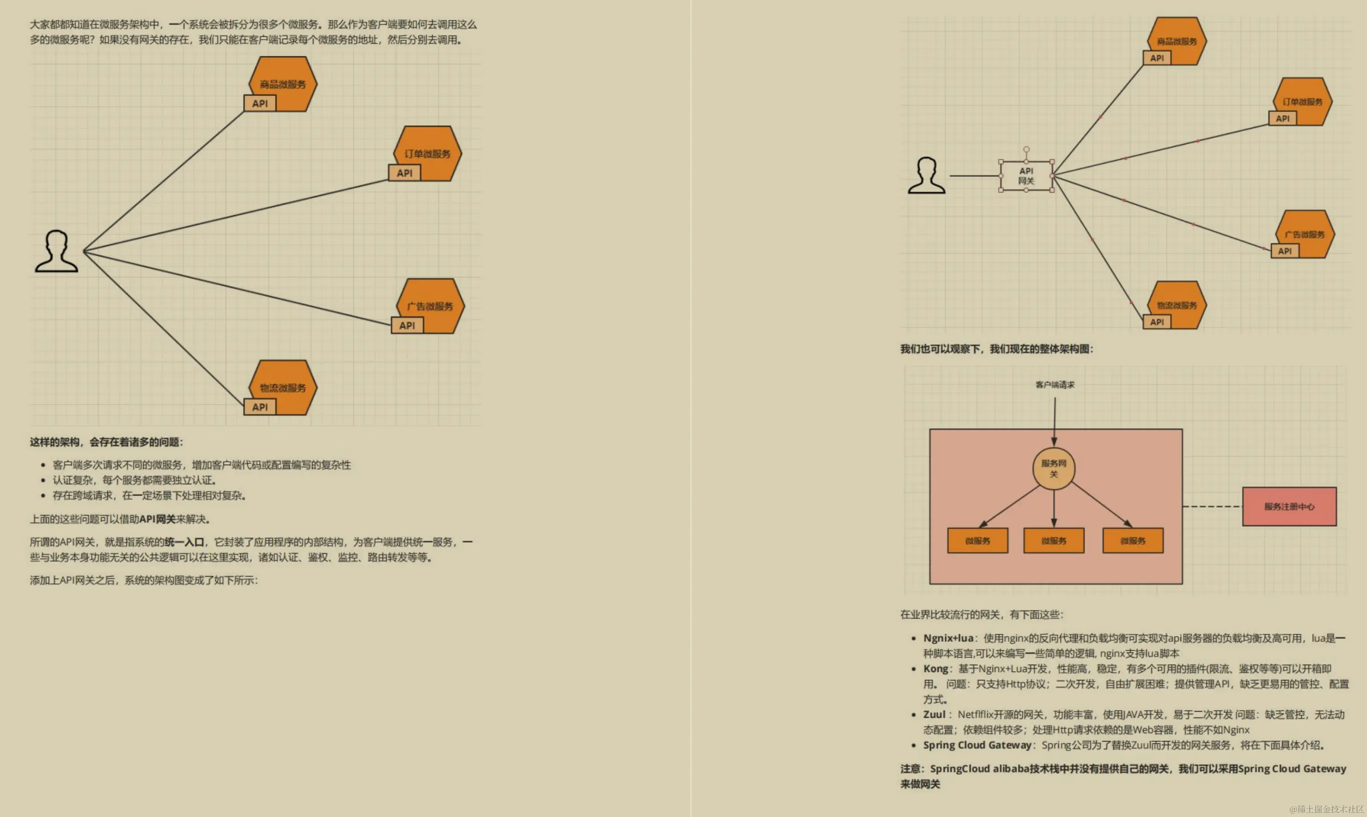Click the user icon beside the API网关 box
point(926,176)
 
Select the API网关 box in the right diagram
point(1026,176)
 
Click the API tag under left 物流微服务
point(259,407)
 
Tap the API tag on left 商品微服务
point(259,103)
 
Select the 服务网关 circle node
point(1053,468)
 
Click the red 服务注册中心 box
point(1289,507)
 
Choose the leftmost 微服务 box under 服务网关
point(977,541)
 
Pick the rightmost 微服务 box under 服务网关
point(1133,541)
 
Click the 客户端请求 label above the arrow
point(1054,385)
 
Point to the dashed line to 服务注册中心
point(1212,507)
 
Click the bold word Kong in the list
point(935,668)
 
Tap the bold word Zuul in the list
point(934,714)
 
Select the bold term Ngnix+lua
point(948,638)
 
